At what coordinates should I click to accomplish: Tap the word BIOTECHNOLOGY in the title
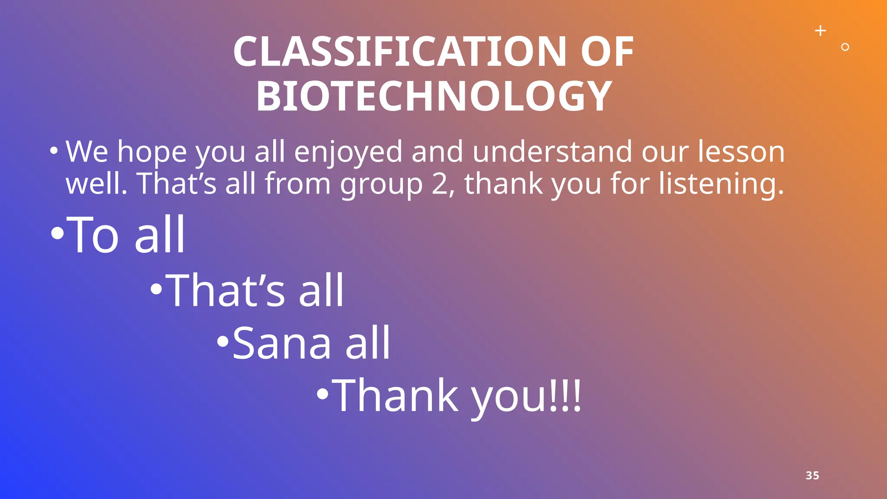coord(434,97)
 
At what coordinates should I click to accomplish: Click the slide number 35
coord(812,475)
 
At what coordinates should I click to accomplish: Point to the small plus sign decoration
coord(820,31)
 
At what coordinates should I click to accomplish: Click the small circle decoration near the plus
coord(845,47)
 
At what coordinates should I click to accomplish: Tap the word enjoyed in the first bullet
coord(348,153)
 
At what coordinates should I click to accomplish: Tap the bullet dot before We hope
coord(54,151)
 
